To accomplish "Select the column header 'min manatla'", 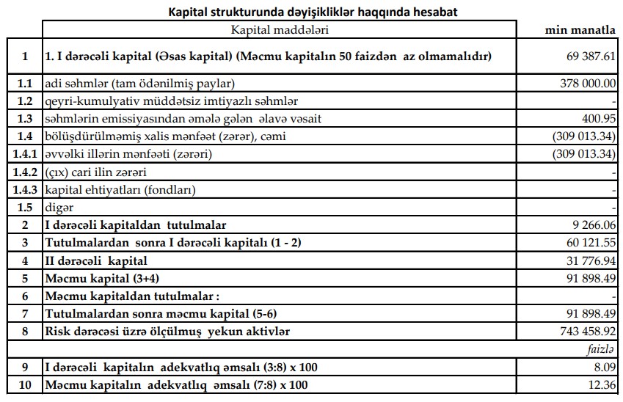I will coord(579,30).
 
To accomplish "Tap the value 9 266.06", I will coord(592,225).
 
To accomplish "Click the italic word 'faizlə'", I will coord(600,349).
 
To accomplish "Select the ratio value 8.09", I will coord(603,367).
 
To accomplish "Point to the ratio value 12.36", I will coord(601,384).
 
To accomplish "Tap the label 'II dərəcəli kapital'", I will coord(96,260).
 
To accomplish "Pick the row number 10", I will coord(24,384).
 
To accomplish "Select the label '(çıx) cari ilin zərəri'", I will coord(96,172).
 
